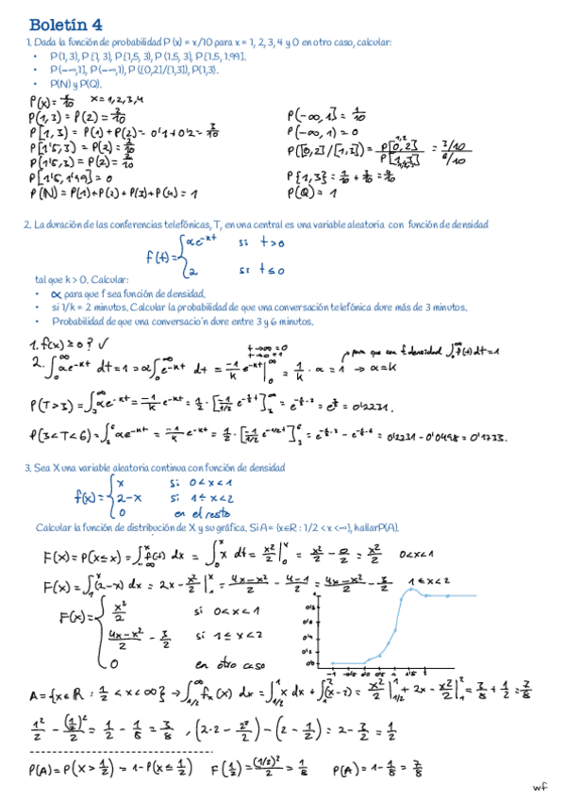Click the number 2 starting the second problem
click(x=26, y=225)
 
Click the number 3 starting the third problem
click(x=26, y=468)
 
